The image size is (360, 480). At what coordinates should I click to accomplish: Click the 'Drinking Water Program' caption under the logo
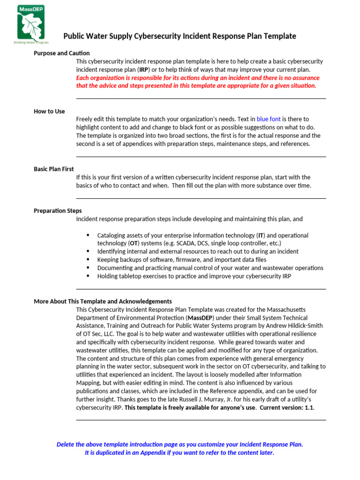31,43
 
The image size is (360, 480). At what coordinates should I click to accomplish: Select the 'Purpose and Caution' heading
61,53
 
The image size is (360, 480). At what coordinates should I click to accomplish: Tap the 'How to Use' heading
49,111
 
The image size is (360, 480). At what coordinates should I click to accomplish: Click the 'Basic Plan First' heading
54,169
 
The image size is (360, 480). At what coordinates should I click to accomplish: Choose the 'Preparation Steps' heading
58,210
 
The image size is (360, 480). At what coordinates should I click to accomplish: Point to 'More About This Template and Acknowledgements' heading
103,301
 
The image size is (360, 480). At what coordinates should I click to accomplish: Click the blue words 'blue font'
269,119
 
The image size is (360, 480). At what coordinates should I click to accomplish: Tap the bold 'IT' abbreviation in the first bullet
261,235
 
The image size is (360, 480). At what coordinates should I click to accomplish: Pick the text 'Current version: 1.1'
287,408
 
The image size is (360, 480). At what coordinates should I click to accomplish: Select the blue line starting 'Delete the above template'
180,444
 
